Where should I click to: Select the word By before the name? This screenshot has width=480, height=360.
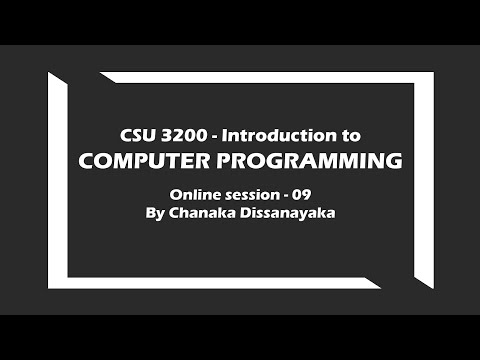click(156, 213)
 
